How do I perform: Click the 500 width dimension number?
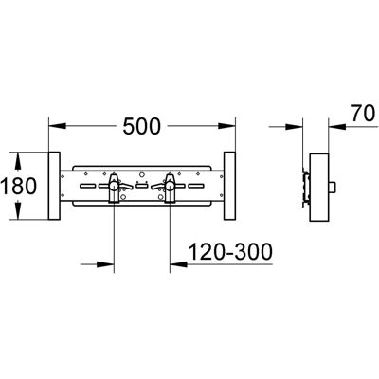pos(142,126)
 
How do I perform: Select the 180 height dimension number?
pos(18,186)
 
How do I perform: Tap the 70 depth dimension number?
pos(363,114)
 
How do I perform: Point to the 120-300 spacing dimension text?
pos(230,252)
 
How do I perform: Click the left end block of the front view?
pos(54,186)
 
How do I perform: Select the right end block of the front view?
pos(229,186)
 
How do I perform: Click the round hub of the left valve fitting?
pos(114,187)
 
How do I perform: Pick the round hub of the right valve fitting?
pos(170,187)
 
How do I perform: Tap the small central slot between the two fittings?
pos(142,186)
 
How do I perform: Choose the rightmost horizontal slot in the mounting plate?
pos(196,186)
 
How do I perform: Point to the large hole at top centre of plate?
pos(142,174)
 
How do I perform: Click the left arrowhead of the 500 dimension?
pos(57,126)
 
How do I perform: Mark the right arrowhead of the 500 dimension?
pos(226,126)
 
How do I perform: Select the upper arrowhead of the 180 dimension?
pos(18,161)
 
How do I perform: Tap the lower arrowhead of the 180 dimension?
pos(18,210)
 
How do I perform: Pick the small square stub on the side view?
pos(333,188)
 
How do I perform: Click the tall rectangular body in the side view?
pos(319,188)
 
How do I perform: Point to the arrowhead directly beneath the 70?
pos(337,126)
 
